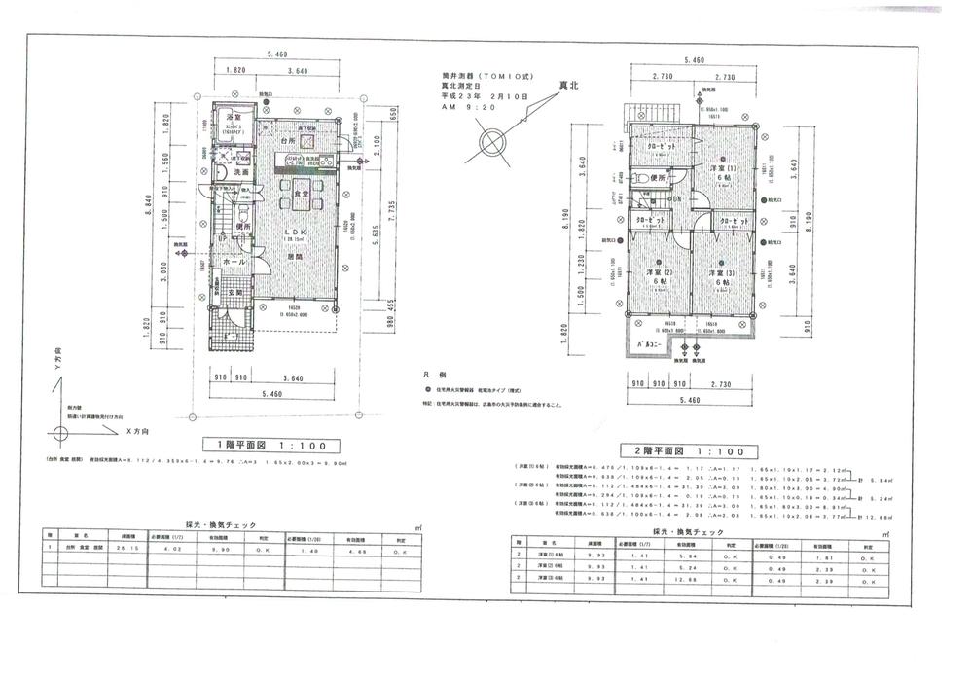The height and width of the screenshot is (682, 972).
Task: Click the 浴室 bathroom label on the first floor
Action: click(x=234, y=117)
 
